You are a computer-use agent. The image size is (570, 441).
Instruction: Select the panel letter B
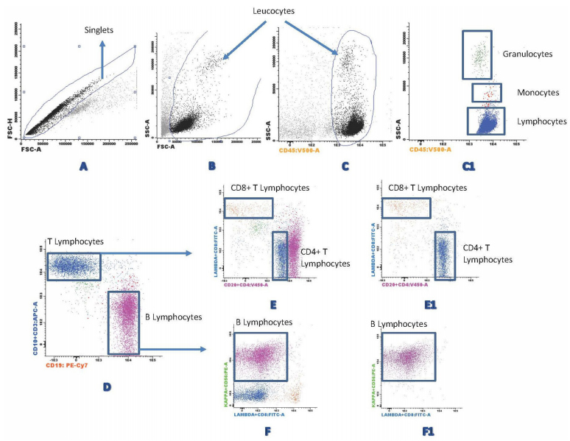click(212, 167)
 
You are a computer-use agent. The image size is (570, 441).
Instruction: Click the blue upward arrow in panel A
click(102, 59)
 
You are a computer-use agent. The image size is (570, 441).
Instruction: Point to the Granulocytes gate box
click(478, 54)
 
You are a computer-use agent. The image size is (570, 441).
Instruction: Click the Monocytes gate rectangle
click(486, 93)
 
